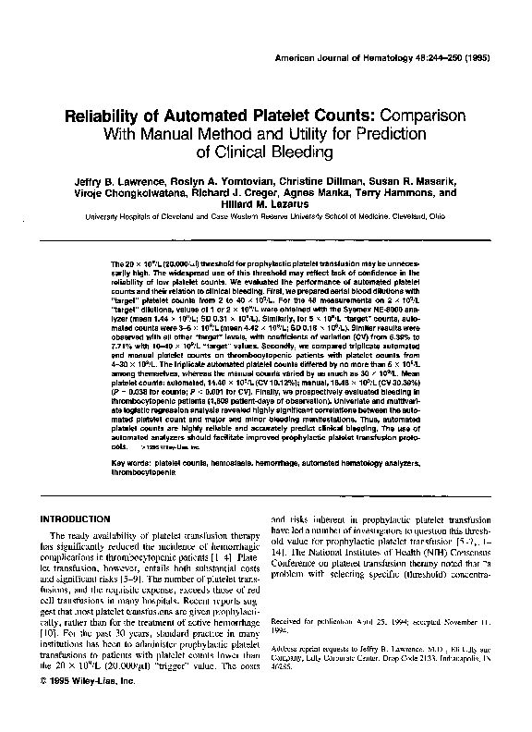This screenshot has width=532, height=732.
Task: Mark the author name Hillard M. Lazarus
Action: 266,209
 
